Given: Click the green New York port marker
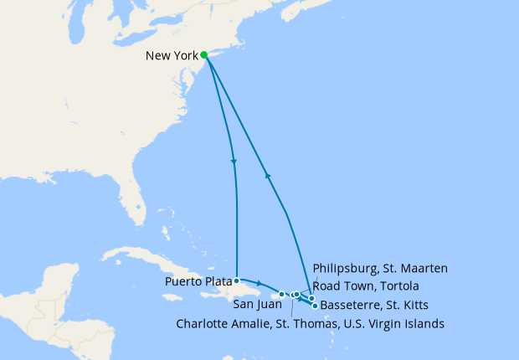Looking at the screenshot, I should [204, 55].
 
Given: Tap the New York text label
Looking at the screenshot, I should [172, 56].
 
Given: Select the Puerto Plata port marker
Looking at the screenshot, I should [237, 280].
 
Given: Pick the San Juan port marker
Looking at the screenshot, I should [282, 294].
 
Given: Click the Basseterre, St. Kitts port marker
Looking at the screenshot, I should [315, 306].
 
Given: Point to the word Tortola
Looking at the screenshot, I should [394, 285].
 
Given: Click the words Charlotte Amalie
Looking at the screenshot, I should [219, 323].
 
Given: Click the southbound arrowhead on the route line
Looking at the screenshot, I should [234, 161].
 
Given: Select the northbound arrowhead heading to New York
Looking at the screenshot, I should [268, 175].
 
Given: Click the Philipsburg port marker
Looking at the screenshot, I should [311, 298].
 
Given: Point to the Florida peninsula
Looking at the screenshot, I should [138, 201].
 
